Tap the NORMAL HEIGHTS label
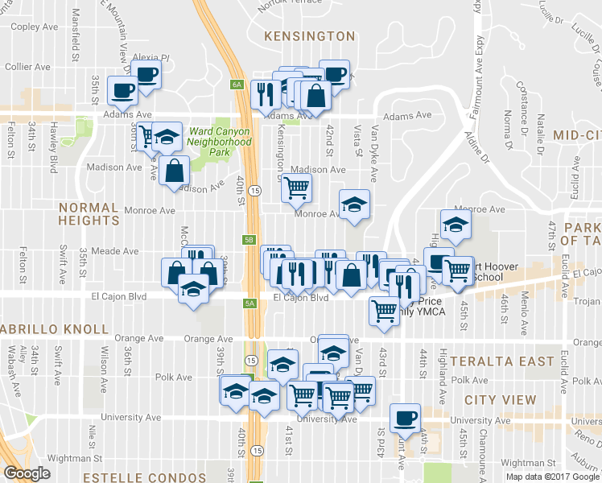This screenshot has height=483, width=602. coord(89,213)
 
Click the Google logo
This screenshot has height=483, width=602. coord(27,473)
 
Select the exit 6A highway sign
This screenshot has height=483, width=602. coord(237,84)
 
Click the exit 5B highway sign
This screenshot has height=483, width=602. coord(249,240)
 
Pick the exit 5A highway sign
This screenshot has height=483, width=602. coord(249,303)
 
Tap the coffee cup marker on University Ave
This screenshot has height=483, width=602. coord(405,418)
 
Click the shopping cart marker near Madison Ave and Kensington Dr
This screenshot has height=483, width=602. coord(296,188)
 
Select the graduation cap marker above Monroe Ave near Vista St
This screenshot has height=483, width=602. coord(353,204)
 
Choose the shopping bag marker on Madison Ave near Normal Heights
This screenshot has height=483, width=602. coord(175,170)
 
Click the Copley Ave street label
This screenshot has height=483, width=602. coord(37,27)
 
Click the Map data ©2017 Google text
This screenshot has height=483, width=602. coord(553,477)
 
